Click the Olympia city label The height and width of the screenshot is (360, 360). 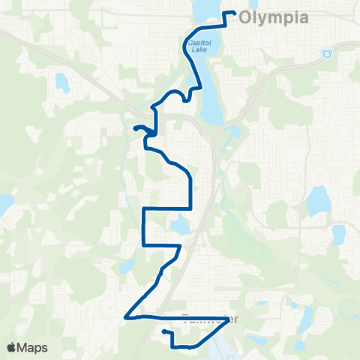(x=274, y=20)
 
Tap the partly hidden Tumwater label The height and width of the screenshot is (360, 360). (x=211, y=319)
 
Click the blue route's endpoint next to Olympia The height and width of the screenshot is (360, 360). (x=235, y=13)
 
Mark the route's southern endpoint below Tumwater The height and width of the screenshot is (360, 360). (x=163, y=330)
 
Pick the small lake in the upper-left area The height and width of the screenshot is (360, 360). (x=61, y=82)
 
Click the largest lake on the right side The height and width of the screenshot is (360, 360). (x=318, y=200)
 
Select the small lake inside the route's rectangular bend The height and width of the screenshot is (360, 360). (x=180, y=223)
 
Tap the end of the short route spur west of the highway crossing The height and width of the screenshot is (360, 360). (x=135, y=129)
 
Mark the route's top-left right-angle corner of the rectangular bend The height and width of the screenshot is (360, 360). (x=143, y=208)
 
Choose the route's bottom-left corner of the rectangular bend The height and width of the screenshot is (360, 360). (x=143, y=245)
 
